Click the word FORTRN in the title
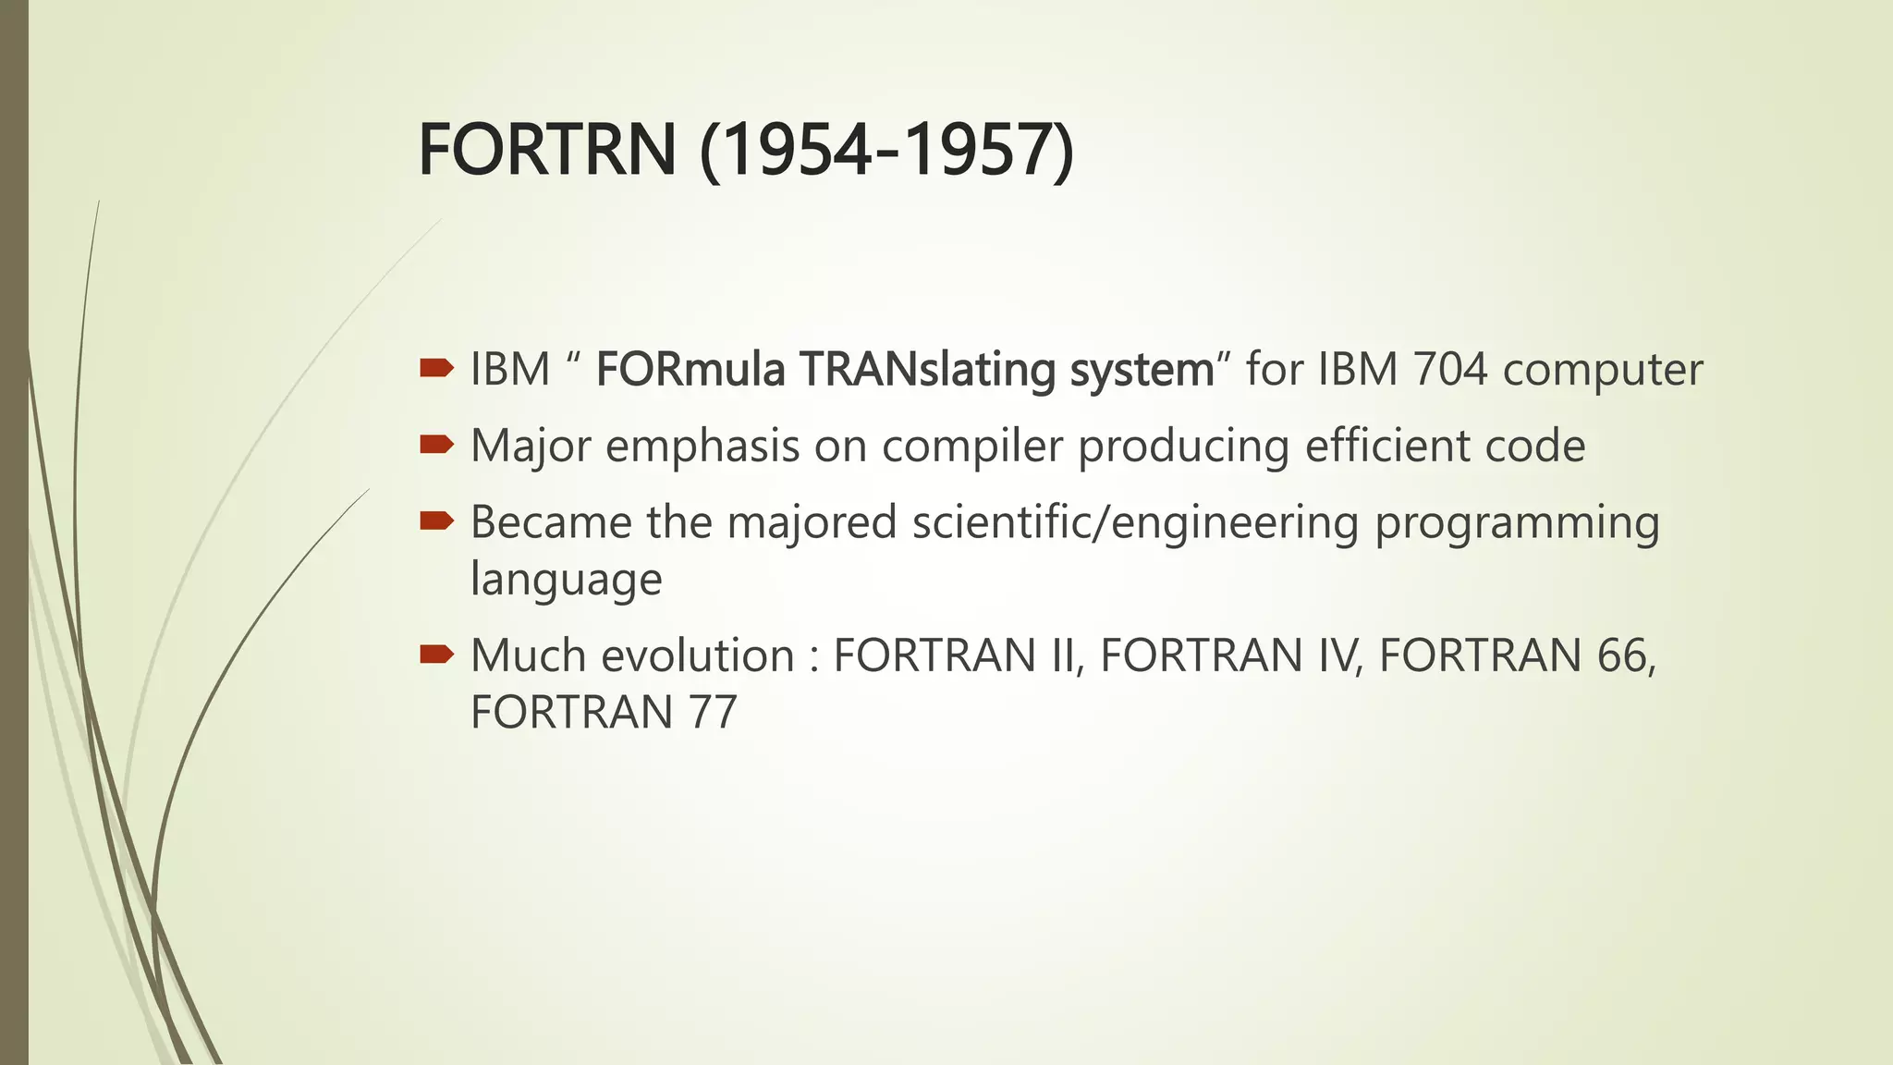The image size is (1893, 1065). (x=547, y=151)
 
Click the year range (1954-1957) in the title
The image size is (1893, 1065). (x=886, y=151)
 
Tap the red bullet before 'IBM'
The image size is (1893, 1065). (x=436, y=370)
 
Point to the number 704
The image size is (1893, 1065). (x=1449, y=370)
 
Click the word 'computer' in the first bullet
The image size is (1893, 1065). (x=1603, y=370)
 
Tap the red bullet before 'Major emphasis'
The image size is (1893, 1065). (x=436, y=447)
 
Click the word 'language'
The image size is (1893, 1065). (x=566, y=581)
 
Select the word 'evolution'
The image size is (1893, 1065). (x=698, y=656)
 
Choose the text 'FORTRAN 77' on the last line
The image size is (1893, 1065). (x=604, y=713)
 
